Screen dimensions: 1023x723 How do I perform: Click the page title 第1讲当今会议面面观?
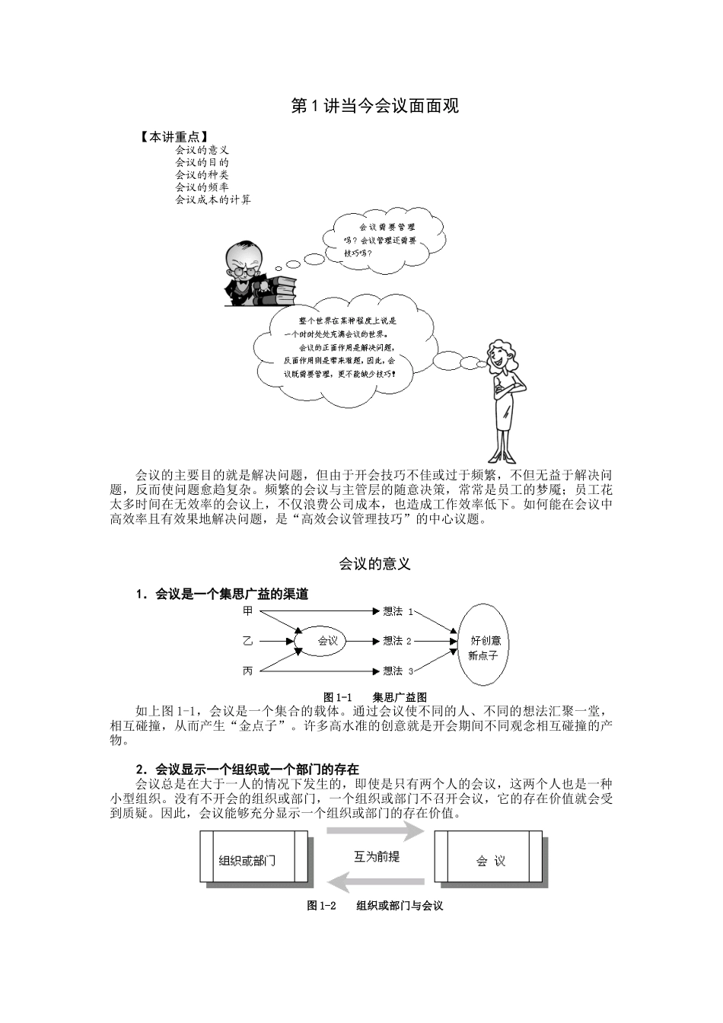375,106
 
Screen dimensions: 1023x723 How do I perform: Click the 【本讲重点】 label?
174,137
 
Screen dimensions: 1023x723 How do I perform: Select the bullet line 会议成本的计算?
212,199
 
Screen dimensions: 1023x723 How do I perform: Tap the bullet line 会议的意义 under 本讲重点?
202,150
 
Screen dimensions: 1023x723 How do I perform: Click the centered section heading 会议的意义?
374,563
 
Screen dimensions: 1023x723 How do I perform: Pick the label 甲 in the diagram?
247,611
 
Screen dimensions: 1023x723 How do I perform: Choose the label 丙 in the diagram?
247,671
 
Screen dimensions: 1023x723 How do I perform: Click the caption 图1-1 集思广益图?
374,696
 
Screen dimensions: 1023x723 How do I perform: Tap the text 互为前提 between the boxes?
376,856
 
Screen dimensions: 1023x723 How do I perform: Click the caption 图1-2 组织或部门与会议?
374,905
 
